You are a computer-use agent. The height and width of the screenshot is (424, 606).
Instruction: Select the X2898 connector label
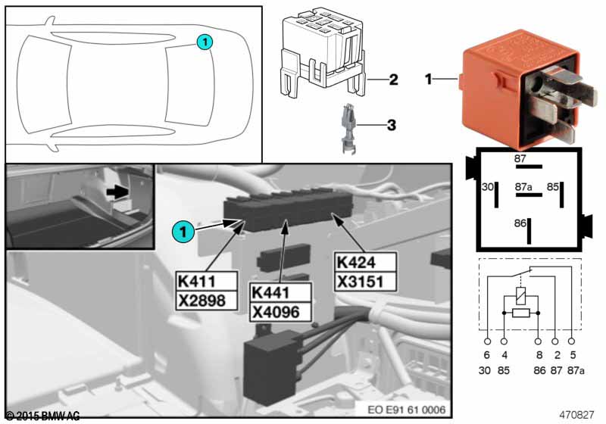tap(201, 300)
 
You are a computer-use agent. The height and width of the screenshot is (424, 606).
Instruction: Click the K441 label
tap(269, 292)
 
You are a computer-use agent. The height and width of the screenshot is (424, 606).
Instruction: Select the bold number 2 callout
tap(392, 79)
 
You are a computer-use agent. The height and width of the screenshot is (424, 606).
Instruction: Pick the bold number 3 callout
tap(392, 123)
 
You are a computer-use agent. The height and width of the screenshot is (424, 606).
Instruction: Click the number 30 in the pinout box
tap(488, 186)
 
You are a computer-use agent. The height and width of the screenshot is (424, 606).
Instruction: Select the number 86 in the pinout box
tap(520, 223)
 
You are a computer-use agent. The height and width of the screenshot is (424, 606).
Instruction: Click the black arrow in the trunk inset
tap(115, 193)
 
